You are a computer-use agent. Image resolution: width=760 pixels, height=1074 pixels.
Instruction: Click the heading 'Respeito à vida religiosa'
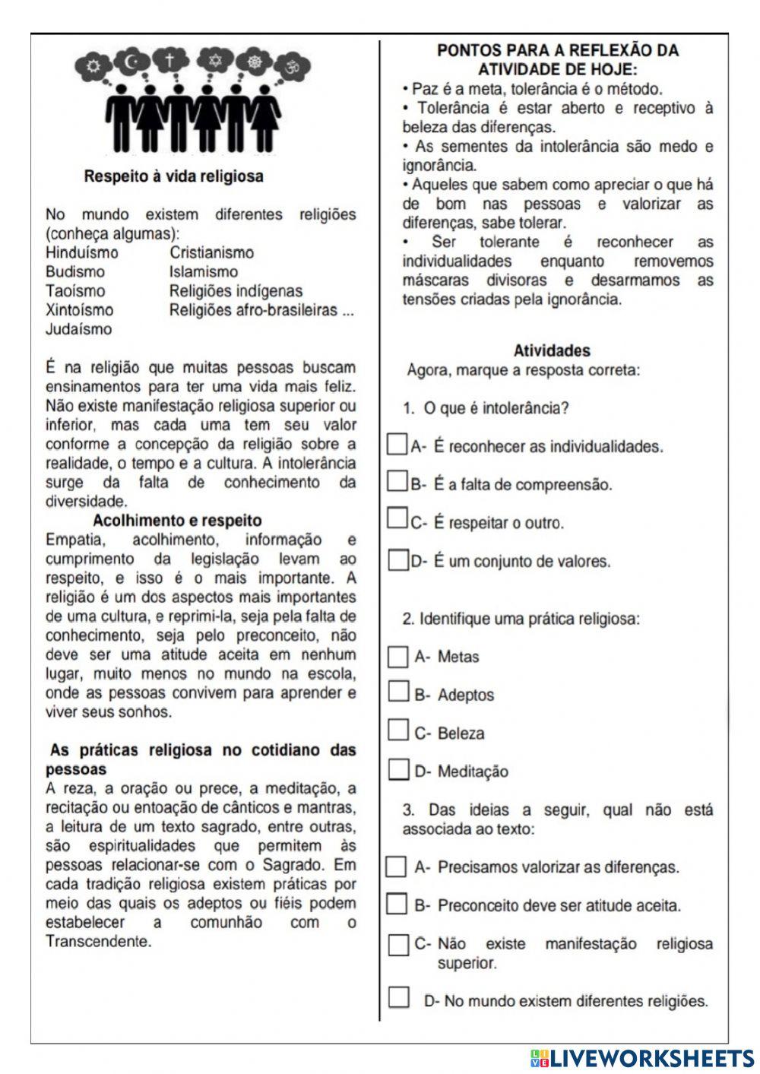click(174, 176)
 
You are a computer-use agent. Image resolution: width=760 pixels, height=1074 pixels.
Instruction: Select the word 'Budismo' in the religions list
click(75, 272)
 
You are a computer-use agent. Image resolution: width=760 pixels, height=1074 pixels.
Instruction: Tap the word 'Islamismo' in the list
click(203, 272)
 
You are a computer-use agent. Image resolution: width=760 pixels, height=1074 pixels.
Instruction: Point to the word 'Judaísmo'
click(78, 329)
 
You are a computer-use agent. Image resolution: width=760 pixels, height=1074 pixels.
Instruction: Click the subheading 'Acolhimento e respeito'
click(176, 521)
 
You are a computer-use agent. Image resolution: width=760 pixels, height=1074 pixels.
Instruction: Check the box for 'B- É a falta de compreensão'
click(396, 482)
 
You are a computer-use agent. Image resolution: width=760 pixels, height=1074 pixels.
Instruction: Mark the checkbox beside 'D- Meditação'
click(397, 770)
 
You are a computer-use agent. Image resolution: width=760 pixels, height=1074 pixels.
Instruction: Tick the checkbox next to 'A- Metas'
click(397, 656)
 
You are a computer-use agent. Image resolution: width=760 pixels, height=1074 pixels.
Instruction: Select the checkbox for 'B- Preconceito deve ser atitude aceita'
click(396, 905)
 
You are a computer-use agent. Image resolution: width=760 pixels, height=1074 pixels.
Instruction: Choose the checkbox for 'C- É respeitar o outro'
click(396, 520)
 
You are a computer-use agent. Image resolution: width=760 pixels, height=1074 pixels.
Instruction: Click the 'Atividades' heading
click(552, 351)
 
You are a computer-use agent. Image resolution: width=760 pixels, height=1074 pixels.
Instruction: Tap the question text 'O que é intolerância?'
click(496, 409)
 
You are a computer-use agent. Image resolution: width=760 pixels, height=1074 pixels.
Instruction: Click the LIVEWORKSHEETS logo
click(642, 1057)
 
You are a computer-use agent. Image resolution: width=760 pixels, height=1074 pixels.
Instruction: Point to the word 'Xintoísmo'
click(79, 310)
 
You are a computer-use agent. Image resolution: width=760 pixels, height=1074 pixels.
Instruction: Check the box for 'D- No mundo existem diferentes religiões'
click(398, 998)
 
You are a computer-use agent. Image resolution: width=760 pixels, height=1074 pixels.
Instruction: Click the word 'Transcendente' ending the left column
click(97, 942)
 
